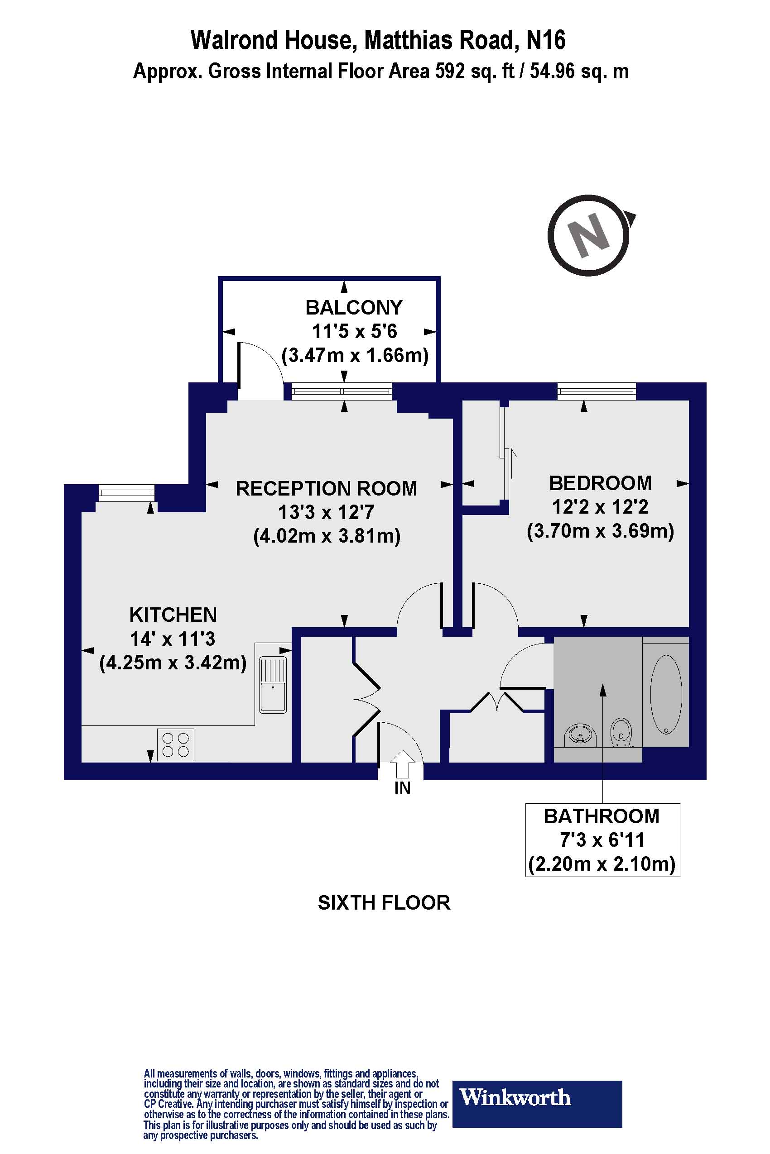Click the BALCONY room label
click(x=354, y=308)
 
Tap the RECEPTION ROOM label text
click(x=326, y=489)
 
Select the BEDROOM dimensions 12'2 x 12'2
click(x=600, y=507)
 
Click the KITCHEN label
click(x=173, y=615)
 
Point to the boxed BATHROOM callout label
click(x=602, y=839)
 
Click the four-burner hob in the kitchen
click(x=175, y=745)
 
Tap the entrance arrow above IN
click(x=403, y=763)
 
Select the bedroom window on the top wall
click(x=596, y=391)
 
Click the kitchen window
click(x=127, y=492)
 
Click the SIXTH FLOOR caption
click(x=384, y=903)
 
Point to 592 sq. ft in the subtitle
click(x=474, y=72)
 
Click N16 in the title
click(x=546, y=40)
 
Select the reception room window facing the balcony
click(x=342, y=391)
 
